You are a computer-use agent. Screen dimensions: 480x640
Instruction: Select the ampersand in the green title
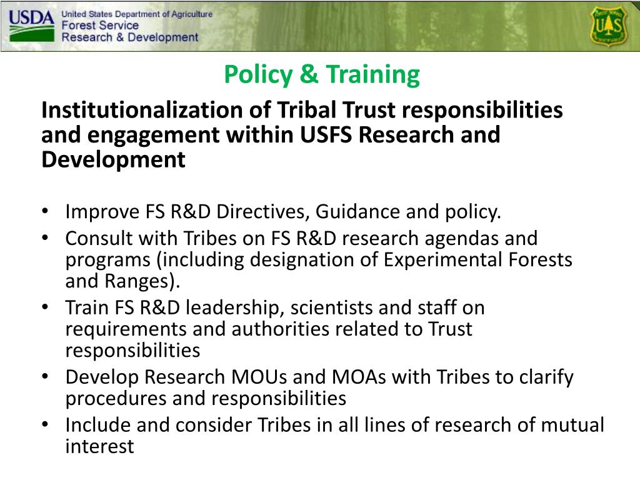[x=308, y=75]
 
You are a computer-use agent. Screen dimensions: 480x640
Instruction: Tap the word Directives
[x=261, y=212]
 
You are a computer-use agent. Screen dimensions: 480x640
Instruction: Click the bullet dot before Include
[x=47, y=426]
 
